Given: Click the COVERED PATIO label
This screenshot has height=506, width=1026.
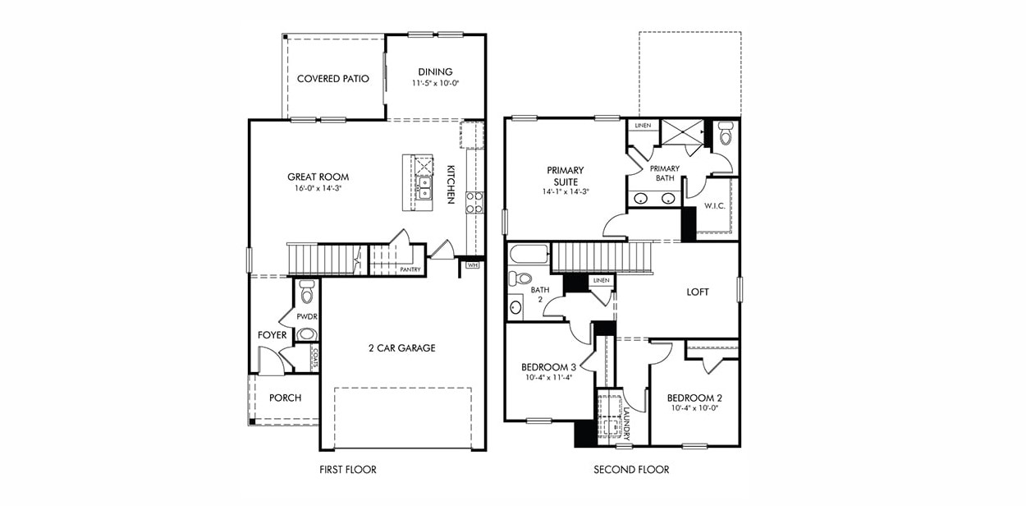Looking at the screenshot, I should (332, 79).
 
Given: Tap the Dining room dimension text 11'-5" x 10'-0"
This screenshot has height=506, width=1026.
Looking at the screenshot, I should (435, 84).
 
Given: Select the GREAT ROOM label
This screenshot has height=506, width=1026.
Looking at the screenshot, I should (318, 177).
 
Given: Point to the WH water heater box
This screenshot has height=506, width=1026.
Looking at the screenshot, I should (472, 265).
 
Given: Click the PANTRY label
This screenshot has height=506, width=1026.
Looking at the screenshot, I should (410, 269).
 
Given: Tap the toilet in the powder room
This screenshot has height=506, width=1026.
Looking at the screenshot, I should (307, 291).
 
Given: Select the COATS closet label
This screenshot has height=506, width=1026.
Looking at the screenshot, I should (314, 357).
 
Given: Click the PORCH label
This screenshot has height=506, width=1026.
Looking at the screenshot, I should (285, 398).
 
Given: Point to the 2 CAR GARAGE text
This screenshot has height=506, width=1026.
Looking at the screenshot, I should (401, 348).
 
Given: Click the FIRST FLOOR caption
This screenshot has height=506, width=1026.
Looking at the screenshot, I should (348, 470).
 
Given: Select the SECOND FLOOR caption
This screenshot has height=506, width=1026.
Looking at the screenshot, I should (631, 470).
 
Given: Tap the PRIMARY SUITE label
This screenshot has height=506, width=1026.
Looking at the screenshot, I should (563, 176).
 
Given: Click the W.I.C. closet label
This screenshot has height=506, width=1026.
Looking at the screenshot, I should (713, 205).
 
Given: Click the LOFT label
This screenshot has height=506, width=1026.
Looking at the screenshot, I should (697, 292).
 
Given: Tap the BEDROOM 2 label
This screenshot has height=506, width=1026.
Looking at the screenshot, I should (694, 397).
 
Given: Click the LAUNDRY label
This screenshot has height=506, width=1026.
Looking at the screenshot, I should (626, 422).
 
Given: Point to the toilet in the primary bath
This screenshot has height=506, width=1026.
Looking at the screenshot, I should (725, 132).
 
